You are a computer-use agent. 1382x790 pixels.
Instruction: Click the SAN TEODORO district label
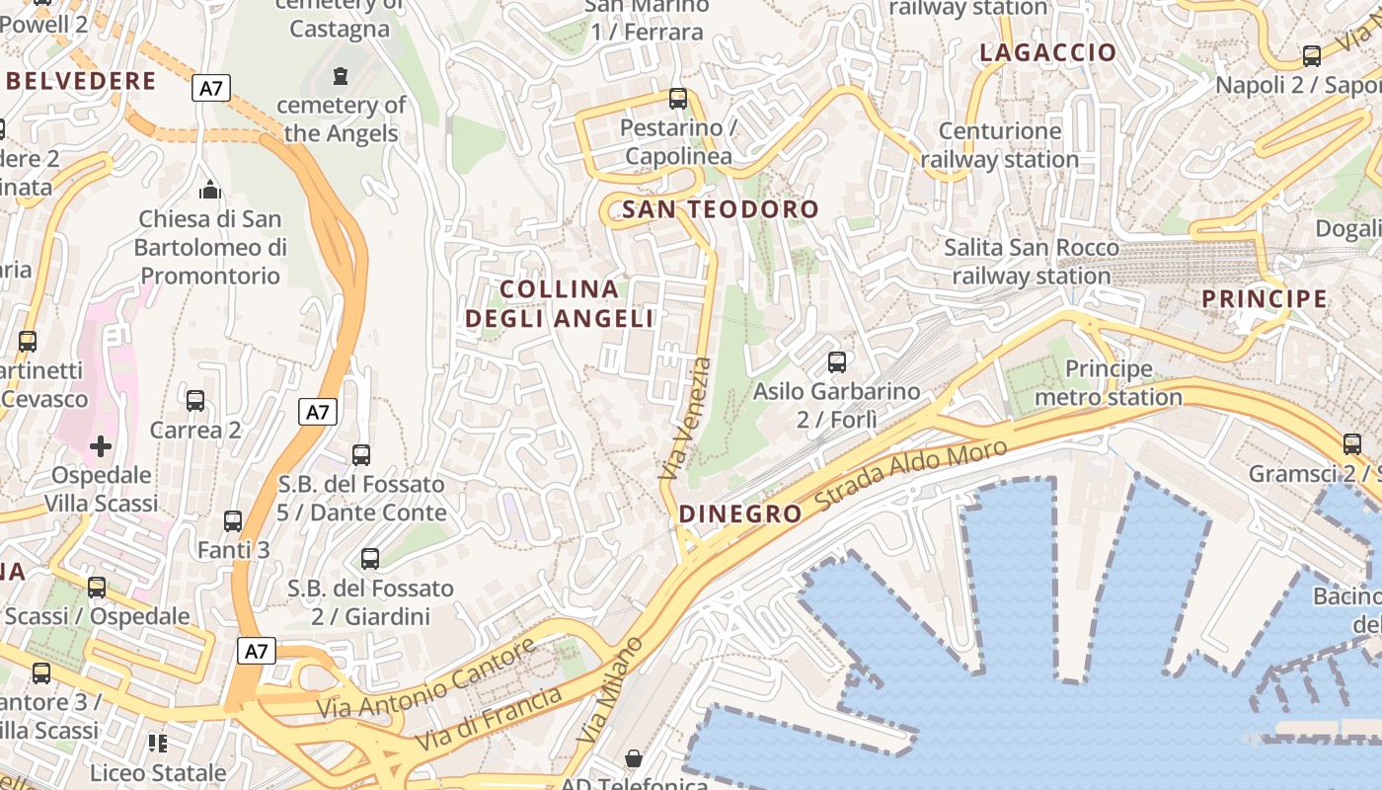tap(721, 209)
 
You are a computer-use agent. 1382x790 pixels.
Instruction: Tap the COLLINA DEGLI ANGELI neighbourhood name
tap(560, 304)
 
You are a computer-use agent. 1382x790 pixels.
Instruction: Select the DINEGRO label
tap(740, 513)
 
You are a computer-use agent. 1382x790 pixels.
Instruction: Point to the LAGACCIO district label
tap(1047, 53)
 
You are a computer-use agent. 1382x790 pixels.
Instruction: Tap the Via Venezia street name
tap(686, 420)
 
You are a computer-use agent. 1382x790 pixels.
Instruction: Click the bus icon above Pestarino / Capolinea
tap(678, 99)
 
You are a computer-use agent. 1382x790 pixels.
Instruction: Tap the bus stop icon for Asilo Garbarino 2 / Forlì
tap(837, 362)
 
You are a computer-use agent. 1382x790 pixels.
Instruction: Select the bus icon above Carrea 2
tap(195, 401)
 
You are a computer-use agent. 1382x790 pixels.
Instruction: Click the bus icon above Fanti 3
tap(233, 521)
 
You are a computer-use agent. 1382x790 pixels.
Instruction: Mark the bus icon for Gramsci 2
tap(1351, 444)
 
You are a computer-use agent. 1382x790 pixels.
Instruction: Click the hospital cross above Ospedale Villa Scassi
tap(101, 447)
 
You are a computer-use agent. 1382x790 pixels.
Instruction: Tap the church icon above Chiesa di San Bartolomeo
tap(209, 189)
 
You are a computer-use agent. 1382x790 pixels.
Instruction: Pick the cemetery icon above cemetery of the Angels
tap(341, 75)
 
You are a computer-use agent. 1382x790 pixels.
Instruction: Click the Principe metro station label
tap(1109, 383)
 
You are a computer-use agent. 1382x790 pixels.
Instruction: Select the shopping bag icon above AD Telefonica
tap(634, 758)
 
